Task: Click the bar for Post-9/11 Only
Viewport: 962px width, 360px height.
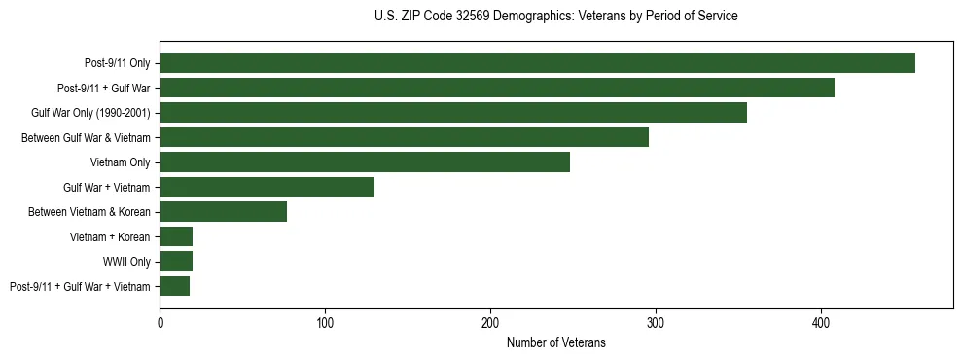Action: coord(537,63)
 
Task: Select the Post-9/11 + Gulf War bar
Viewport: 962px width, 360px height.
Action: coord(497,88)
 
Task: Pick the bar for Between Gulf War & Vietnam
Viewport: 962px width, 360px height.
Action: coord(404,137)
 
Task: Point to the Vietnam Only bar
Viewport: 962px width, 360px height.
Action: coord(365,162)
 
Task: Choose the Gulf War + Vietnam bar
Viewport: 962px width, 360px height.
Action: coord(267,187)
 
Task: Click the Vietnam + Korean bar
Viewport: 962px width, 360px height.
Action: coord(176,236)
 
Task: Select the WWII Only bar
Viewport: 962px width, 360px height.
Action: coord(176,262)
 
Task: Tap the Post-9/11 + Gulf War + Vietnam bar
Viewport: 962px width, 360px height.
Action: coord(174,286)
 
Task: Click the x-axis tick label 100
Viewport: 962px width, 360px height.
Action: coord(325,322)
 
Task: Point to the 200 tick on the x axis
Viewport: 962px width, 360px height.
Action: coord(490,322)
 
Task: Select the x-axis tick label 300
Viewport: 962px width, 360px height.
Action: coord(656,322)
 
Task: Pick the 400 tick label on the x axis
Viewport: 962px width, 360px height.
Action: coord(821,322)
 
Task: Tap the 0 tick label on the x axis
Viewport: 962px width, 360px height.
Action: coord(160,322)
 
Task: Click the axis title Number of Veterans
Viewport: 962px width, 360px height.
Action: coord(555,342)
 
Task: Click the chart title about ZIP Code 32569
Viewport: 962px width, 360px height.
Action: coord(555,17)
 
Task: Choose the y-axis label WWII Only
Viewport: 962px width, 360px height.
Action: coord(126,262)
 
